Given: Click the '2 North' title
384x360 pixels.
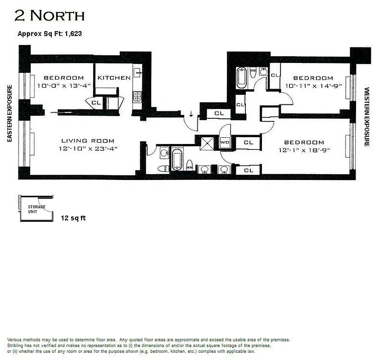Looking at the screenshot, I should click(50, 16).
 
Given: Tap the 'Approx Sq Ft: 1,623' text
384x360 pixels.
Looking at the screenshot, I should click(49, 33).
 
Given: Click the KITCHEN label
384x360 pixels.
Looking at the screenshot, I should click(114, 77).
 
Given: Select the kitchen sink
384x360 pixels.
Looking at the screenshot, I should click(138, 72).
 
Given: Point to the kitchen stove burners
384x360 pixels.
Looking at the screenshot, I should click(137, 95).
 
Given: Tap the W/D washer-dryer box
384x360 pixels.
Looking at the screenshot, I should click(225, 143).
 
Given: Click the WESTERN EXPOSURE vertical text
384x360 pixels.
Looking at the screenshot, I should click(366, 117).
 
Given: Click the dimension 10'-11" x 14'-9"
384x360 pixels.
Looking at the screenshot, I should click(313, 85).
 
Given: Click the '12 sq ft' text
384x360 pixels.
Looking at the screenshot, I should click(73, 218).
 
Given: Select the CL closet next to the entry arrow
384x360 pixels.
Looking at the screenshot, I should click(219, 114).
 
